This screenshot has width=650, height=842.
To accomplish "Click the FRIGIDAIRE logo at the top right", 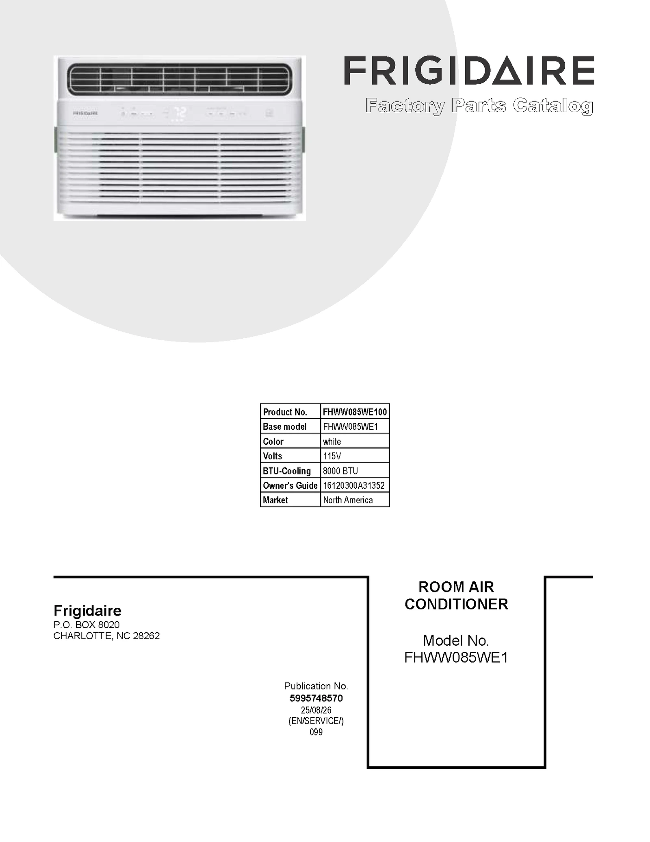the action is coord(469,71).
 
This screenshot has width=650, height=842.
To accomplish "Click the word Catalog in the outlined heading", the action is coord(553,106).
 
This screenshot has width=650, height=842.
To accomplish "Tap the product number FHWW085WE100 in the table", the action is coord(355,412).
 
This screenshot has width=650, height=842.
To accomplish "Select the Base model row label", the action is coord(284,426).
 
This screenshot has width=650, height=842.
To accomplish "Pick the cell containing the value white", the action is coord(355,441).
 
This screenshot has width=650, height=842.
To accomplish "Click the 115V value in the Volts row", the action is coord(332,456).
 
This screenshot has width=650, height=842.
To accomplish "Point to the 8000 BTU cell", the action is coord(355,470).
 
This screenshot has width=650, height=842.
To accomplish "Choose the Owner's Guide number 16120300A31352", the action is coord(353,485).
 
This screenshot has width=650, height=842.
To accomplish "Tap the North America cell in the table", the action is coord(355,500).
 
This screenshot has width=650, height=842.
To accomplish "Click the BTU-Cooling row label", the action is coord(286,471).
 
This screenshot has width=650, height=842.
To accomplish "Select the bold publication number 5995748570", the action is coord(316,698).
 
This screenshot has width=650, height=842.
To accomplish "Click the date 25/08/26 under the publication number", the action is coord(316,710).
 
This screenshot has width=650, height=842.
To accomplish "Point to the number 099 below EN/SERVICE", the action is coord(316,732).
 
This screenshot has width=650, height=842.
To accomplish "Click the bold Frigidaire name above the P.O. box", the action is coord(87,611).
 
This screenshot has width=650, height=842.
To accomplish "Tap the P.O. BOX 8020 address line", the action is coord(87,624).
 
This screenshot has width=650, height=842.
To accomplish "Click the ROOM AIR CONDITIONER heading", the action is coord(456,595).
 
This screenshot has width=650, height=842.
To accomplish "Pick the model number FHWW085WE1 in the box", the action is coord(456,657).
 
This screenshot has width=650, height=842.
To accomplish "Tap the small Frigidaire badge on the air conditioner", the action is coord(85,113).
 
